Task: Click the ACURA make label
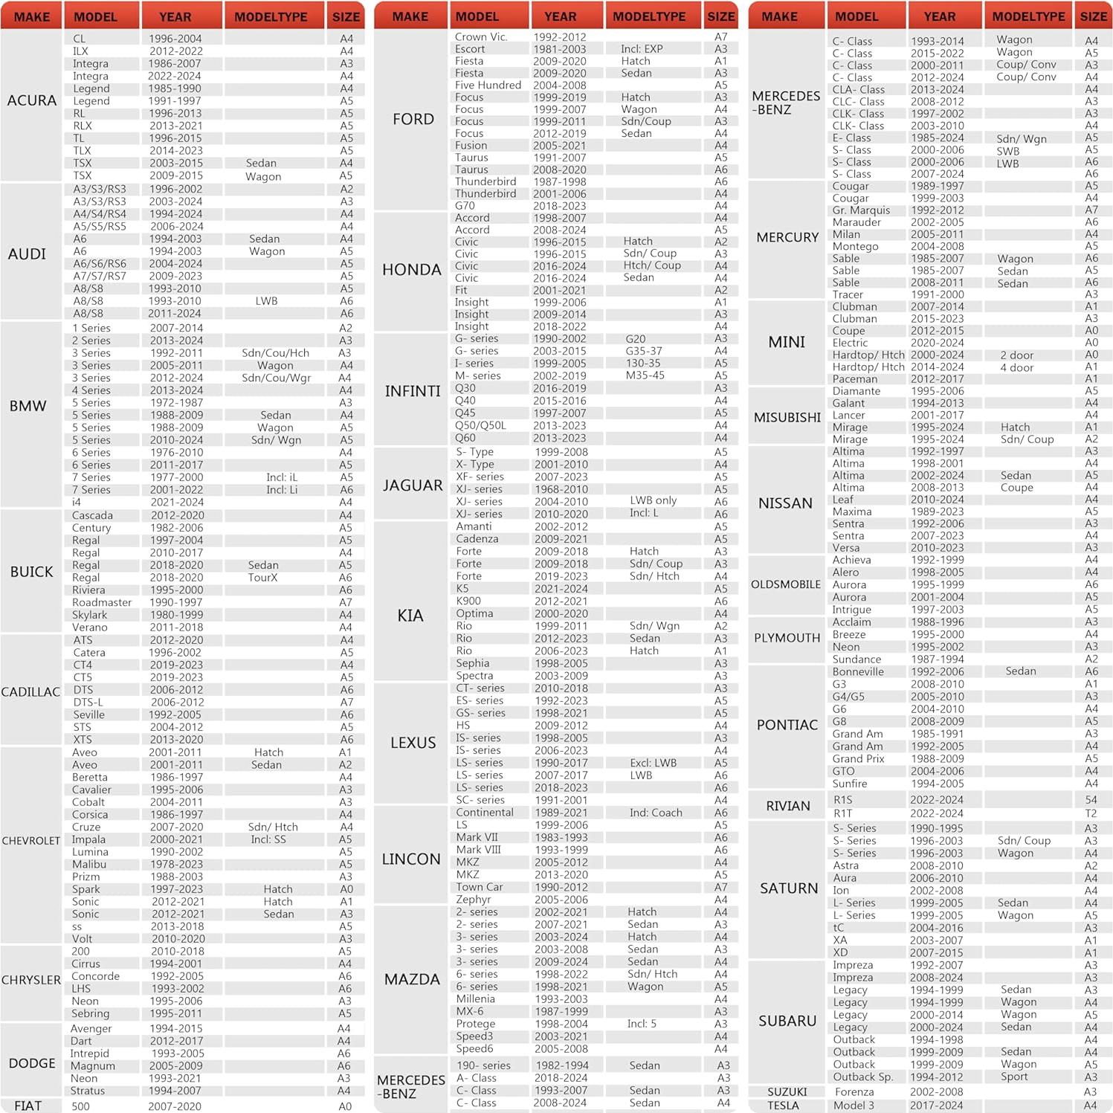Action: (31, 100)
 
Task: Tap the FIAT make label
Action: (28, 1106)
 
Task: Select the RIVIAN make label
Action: (787, 806)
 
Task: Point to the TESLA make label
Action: (783, 1106)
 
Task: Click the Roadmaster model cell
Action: (102, 602)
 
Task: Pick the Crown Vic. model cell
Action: (480, 36)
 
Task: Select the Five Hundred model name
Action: (488, 85)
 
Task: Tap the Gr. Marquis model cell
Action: (861, 210)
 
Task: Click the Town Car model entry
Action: (479, 887)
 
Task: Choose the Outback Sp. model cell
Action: (862, 1077)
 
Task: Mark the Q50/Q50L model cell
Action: (480, 425)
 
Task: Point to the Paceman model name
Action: (855, 378)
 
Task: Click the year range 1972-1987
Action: (176, 402)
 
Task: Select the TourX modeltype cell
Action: (262, 578)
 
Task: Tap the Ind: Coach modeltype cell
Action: (655, 813)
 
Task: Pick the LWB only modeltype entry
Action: (653, 500)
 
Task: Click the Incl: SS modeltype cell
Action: (268, 839)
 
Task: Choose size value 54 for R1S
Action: (1091, 800)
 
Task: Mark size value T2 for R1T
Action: (1091, 813)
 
